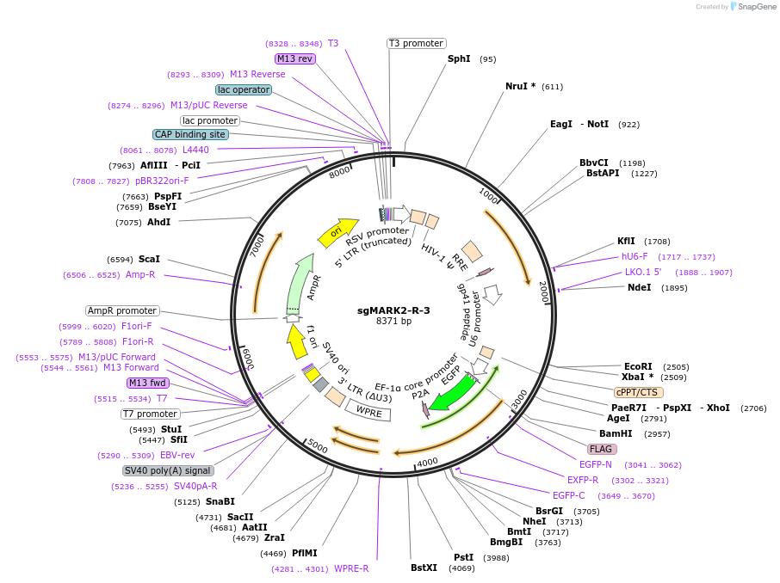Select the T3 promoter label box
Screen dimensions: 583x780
click(416, 43)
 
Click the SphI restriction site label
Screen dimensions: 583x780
click(459, 59)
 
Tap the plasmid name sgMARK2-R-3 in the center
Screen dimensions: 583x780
click(393, 310)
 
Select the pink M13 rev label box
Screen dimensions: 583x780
click(294, 58)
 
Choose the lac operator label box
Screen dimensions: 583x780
click(244, 89)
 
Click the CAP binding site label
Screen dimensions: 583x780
click(190, 134)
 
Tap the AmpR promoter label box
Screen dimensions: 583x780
click(122, 310)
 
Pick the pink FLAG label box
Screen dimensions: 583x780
click(602, 449)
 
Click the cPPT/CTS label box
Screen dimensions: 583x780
click(639, 392)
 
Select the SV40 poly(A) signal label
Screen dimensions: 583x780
click(168, 470)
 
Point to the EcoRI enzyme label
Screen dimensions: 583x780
click(638, 366)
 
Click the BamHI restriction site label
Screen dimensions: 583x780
click(616, 433)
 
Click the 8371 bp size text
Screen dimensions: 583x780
click(393, 322)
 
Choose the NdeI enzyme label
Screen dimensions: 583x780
click(640, 287)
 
